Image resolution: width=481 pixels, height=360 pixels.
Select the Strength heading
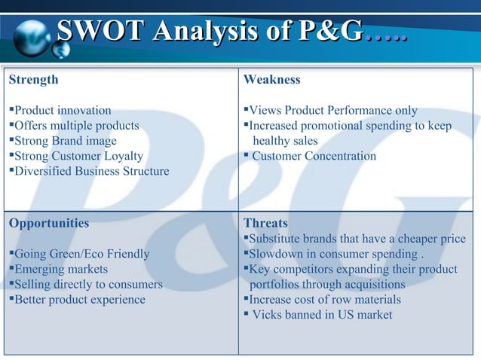click(33, 80)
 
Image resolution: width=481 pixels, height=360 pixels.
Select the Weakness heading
click(272, 80)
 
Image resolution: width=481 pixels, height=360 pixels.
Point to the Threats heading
click(265, 224)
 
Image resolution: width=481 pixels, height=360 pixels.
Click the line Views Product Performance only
click(332, 111)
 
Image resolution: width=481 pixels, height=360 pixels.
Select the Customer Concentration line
click(314, 157)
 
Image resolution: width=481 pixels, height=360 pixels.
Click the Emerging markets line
click(61, 269)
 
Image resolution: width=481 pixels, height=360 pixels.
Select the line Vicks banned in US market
click(321, 315)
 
